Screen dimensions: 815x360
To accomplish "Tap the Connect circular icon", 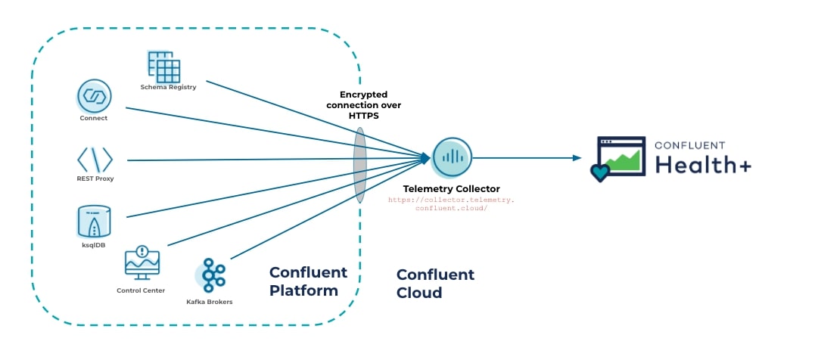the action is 94,96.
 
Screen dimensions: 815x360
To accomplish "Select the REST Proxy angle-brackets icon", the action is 95,160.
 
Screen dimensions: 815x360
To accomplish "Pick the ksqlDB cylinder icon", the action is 94,221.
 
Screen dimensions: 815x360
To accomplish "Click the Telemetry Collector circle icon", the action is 452,157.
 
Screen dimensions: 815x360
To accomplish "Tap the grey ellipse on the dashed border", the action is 359,165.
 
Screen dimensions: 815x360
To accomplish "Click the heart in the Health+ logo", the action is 600,172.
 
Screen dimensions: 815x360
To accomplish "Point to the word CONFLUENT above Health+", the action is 689,145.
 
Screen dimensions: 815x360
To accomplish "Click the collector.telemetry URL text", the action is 451,203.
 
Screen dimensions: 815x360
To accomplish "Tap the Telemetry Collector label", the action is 452,189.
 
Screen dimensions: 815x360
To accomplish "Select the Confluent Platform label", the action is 308,281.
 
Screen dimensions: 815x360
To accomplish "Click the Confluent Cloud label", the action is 435,283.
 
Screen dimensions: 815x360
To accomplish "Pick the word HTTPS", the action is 364,116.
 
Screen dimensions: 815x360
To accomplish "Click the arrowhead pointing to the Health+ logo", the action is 577,157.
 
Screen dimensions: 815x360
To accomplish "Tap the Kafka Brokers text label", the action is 210,302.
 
